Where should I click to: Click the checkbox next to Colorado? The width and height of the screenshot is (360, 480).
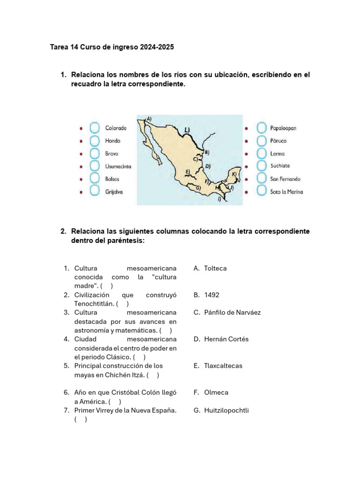click(95, 127)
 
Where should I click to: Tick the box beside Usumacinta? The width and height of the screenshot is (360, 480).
click(95, 166)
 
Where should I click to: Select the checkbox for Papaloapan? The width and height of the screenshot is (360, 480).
click(261, 127)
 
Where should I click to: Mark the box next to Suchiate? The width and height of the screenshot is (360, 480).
click(261, 166)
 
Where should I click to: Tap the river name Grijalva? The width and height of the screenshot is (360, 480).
click(114, 192)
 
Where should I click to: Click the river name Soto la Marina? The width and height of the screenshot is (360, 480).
click(286, 192)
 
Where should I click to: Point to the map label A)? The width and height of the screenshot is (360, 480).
click(149, 119)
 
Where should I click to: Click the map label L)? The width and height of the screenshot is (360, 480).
click(187, 129)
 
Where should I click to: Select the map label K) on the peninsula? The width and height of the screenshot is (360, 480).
click(234, 173)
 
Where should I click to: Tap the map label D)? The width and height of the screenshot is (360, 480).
click(208, 166)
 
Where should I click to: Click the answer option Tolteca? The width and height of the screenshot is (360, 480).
click(215, 268)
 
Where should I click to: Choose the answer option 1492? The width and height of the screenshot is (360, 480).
click(212, 295)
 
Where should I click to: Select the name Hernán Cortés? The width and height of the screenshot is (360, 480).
click(226, 339)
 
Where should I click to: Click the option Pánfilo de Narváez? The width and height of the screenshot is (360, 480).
click(232, 312)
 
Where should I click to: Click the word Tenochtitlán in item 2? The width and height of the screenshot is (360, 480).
click(94, 303)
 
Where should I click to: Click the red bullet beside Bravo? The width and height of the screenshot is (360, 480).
click(81, 153)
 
